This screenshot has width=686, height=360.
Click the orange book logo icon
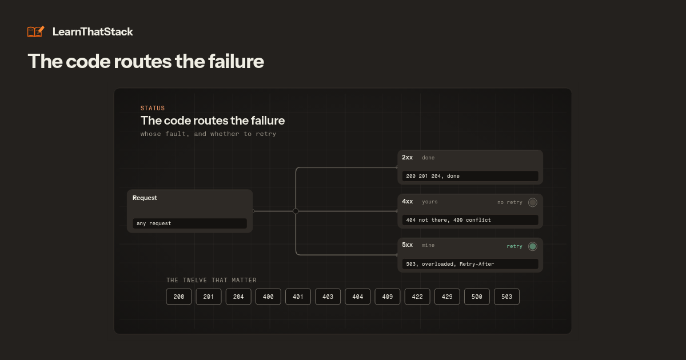pyautogui.click(x=36, y=31)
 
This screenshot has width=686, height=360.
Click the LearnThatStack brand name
pyautogui.click(x=93, y=32)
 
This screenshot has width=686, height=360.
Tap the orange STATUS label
pyautogui.click(x=153, y=108)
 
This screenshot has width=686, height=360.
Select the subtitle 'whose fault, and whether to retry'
pyautogui.click(x=208, y=134)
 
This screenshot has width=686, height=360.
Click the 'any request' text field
pyautogui.click(x=190, y=223)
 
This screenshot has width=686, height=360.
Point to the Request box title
pyautogui.click(x=145, y=198)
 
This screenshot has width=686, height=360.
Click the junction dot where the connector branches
pyautogui.click(x=296, y=211)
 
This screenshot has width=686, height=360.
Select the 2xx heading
pyautogui.click(x=407, y=157)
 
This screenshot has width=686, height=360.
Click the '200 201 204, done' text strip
pyautogui.click(x=470, y=176)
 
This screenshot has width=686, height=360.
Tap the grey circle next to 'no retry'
pyautogui.click(x=533, y=202)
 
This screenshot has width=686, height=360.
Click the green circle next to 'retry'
pyautogui.click(x=533, y=246)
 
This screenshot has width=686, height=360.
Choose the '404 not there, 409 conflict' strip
pyautogui.click(x=470, y=220)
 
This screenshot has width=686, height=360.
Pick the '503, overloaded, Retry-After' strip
pyautogui.click(x=470, y=264)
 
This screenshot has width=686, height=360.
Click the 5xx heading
pyautogui.click(x=407, y=245)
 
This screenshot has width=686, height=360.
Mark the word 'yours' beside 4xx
pyautogui.click(x=430, y=202)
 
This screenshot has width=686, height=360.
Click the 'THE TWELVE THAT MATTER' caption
pyautogui.click(x=212, y=280)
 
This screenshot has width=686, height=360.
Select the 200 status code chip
pyautogui.click(x=179, y=297)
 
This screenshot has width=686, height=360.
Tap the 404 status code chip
pyautogui.click(x=358, y=297)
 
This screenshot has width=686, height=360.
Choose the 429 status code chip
pyautogui.click(x=447, y=297)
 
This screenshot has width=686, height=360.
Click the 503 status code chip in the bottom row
pyautogui.click(x=506, y=297)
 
